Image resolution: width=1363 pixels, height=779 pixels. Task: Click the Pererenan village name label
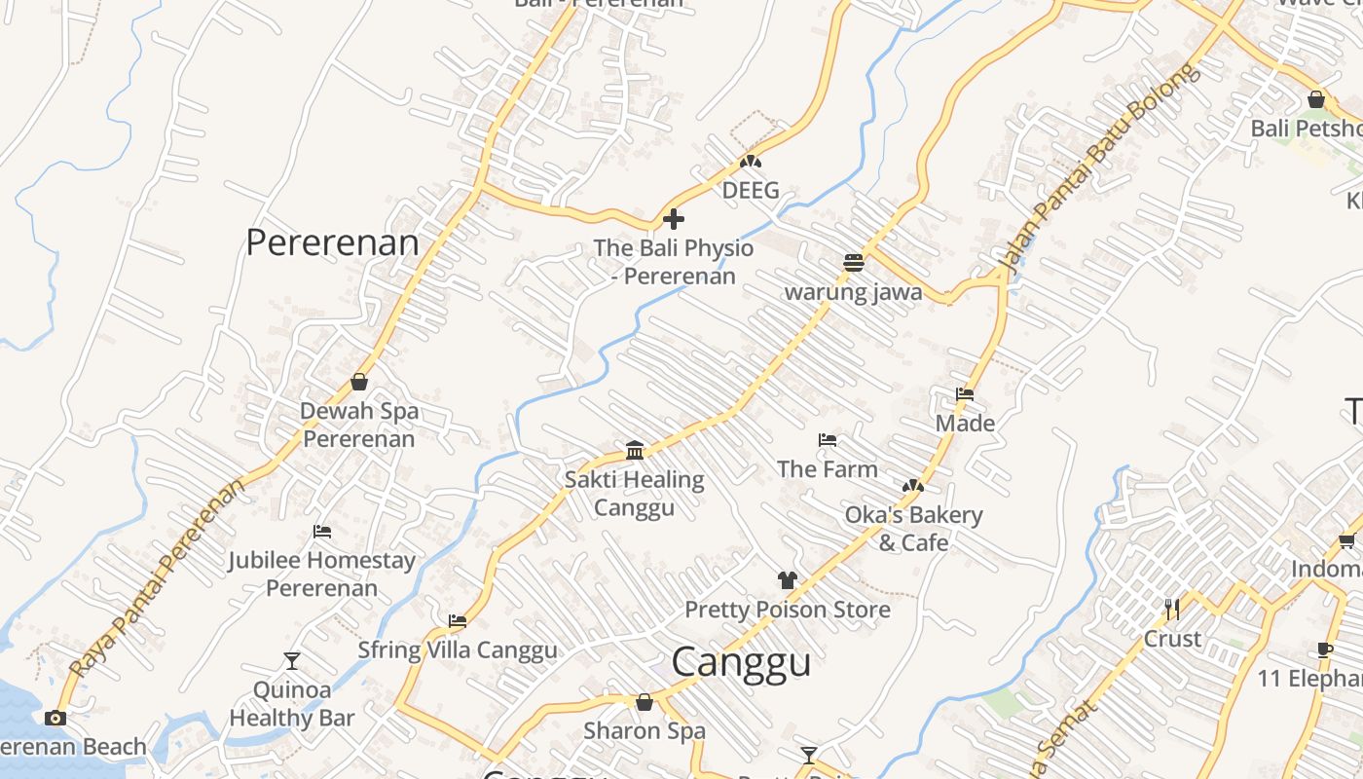332,242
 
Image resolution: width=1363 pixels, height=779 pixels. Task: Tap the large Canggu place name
742,662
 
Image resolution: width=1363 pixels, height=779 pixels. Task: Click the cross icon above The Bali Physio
673,219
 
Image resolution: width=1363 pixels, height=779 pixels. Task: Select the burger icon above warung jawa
854,262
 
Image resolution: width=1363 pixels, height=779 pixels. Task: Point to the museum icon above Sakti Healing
635,450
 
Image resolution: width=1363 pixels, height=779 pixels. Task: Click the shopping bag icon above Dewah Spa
359,382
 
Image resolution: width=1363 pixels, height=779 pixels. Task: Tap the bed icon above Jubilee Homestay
322,532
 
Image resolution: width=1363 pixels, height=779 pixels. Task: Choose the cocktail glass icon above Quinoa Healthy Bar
291,661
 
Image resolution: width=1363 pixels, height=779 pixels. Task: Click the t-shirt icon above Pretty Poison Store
788,580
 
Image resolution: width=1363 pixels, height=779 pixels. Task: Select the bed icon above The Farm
828,440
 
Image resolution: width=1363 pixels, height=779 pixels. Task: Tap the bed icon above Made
965,394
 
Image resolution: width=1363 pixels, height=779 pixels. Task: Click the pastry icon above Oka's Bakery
912,485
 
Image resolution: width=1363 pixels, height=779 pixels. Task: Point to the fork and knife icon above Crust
1172,610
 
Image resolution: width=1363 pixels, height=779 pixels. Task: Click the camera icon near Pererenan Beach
55,718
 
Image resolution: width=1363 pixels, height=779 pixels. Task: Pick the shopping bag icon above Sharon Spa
644,701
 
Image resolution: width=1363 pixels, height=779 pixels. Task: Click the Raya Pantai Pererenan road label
158,578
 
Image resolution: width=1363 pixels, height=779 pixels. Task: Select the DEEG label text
751,190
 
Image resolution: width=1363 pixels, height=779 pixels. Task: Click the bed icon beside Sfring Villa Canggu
458,621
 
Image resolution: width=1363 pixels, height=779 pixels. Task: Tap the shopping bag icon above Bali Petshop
1316,99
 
